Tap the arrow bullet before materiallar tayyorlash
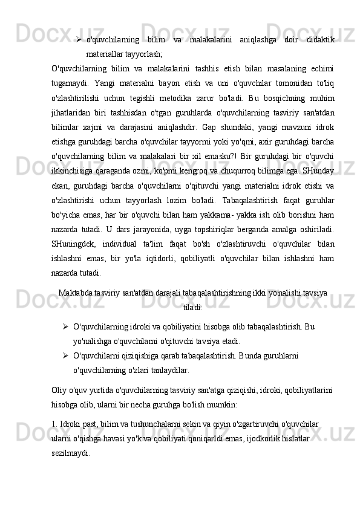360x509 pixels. pyautogui.click(x=79, y=39)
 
